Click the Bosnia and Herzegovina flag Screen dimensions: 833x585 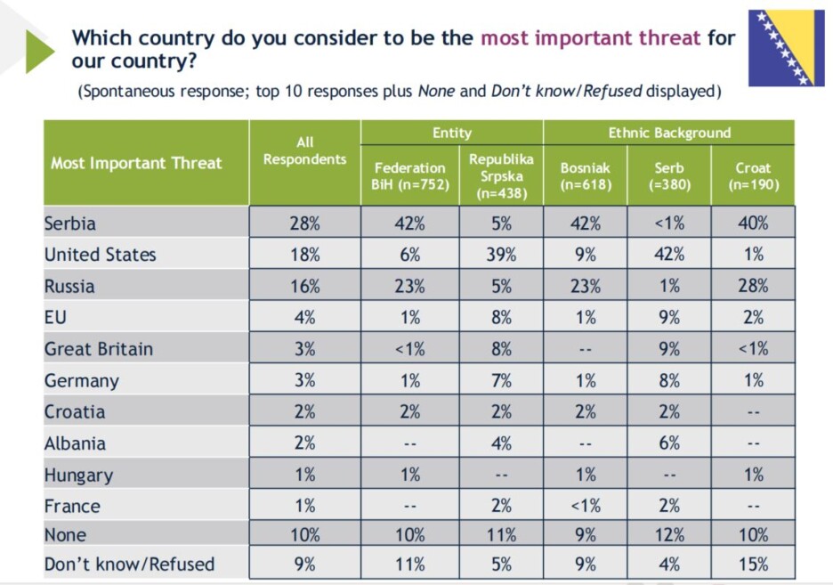786,48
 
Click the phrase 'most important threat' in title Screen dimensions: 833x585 591,37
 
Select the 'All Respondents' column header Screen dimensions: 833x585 305,150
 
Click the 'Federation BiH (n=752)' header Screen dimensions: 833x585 409,176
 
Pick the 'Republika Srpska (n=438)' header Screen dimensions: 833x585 501,176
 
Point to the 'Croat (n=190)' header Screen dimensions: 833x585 753,176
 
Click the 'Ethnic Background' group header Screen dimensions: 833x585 669,133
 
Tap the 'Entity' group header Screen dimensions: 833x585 452,133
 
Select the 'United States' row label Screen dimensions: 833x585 101,255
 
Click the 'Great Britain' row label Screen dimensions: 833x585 99,349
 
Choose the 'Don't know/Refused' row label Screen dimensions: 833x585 130,564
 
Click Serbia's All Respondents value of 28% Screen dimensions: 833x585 305,223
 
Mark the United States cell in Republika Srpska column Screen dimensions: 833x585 501,255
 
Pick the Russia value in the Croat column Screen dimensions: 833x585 753,286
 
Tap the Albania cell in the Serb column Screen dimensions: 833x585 669,443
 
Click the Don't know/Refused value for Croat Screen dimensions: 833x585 753,564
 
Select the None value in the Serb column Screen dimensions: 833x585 669,534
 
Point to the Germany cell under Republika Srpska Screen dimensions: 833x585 501,380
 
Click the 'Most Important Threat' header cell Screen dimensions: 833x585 136,163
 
